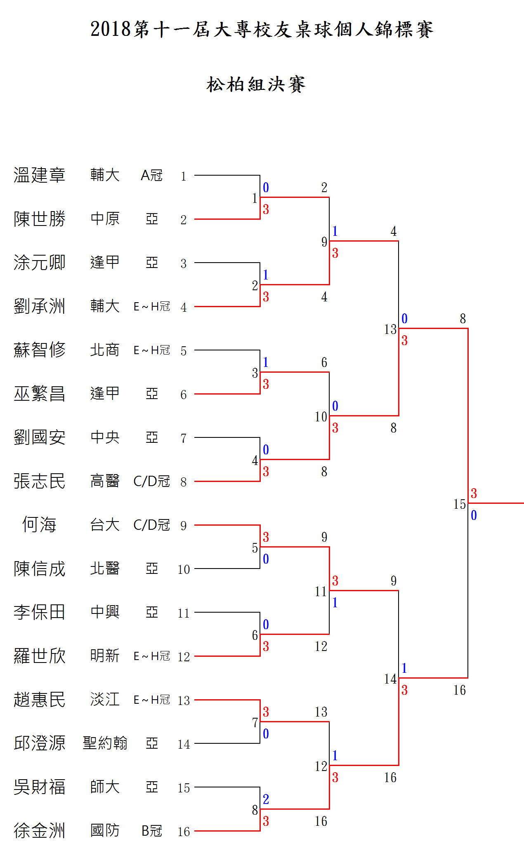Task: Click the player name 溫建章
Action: (x=39, y=175)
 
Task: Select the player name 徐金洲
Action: (x=39, y=830)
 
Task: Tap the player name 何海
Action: (x=39, y=525)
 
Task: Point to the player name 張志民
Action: (x=39, y=481)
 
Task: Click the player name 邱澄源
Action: (x=39, y=743)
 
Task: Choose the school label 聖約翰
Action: (x=105, y=743)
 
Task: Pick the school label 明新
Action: (x=105, y=656)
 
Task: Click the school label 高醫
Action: (x=105, y=481)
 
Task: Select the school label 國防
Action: (x=105, y=830)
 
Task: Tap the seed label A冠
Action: (x=151, y=176)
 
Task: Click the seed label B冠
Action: (x=151, y=831)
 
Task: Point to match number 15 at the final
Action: (x=459, y=504)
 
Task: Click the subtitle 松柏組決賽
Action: (x=256, y=85)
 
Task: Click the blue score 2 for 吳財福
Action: (x=266, y=799)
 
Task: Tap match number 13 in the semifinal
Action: (x=390, y=329)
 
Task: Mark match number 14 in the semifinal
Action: (x=390, y=679)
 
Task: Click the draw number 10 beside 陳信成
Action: (x=184, y=569)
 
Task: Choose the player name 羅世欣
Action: (x=39, y=656)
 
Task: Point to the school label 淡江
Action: (x=105, y=699)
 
